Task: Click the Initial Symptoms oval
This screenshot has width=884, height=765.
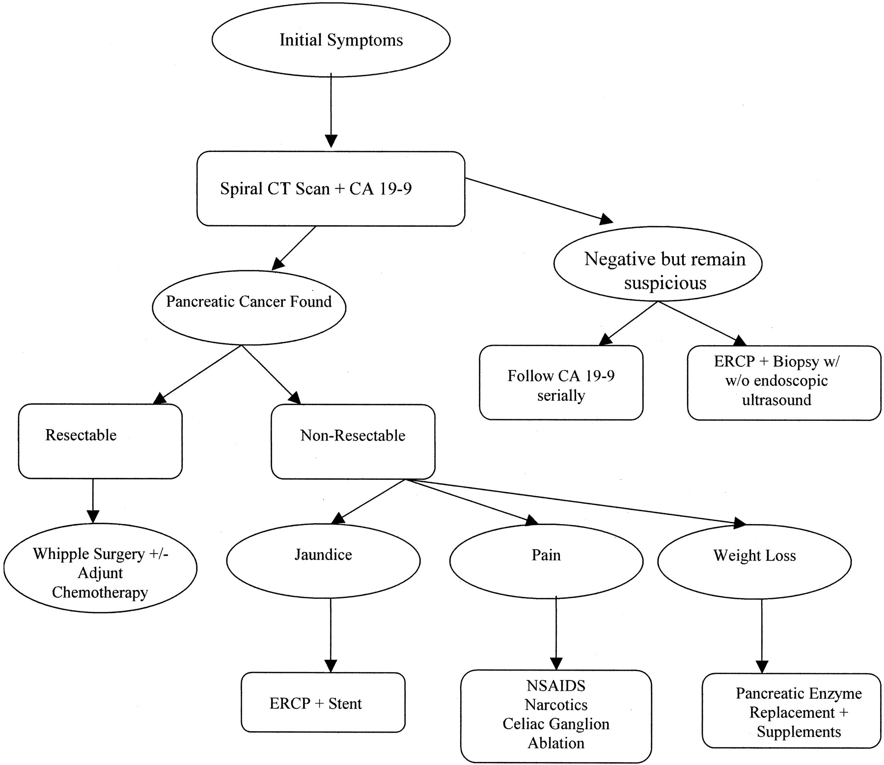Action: (331, 40)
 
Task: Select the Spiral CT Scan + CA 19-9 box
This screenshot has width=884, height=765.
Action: (331, 189)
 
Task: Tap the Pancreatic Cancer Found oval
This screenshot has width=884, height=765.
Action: (249, 307)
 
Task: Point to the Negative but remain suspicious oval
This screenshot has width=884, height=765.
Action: (658, 264)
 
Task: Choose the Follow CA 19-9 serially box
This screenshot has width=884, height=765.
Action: (561, 382)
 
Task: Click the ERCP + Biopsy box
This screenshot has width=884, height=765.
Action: (784, 383)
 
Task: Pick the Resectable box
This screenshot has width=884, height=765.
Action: (100, 441)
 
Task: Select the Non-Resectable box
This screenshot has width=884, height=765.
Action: (353, 441)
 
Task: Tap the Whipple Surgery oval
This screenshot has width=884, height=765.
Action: (100, 568)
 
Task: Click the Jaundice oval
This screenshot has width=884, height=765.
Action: (323, 561)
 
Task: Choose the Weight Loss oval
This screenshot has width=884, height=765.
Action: (754, 562)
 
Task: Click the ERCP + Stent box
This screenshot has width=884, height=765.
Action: (323, 703)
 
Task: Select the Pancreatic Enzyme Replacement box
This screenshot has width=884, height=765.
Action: (791, 711)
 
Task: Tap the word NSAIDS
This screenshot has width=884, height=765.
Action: (556, 685)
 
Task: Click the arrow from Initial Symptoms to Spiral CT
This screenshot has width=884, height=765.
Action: (331, 110)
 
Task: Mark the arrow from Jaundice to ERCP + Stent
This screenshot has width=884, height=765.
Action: (331, 635)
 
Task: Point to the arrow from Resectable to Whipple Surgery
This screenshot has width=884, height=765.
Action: (93, 501)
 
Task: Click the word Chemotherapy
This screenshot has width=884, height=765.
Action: (100, 592)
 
